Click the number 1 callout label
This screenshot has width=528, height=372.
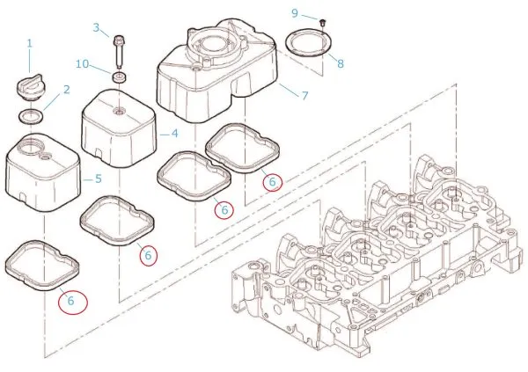click(x=29, y=42)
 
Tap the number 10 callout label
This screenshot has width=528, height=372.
click(x=81, y=63)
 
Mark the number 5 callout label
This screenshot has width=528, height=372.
click(x=98, y=179)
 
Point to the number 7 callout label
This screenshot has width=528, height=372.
click(x=304, y=94)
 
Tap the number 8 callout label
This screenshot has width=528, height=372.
click(x=340, y=63)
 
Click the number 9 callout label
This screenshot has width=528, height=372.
click(x=295, y=12)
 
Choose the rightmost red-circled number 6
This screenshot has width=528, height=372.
click(x=272, y=181)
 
